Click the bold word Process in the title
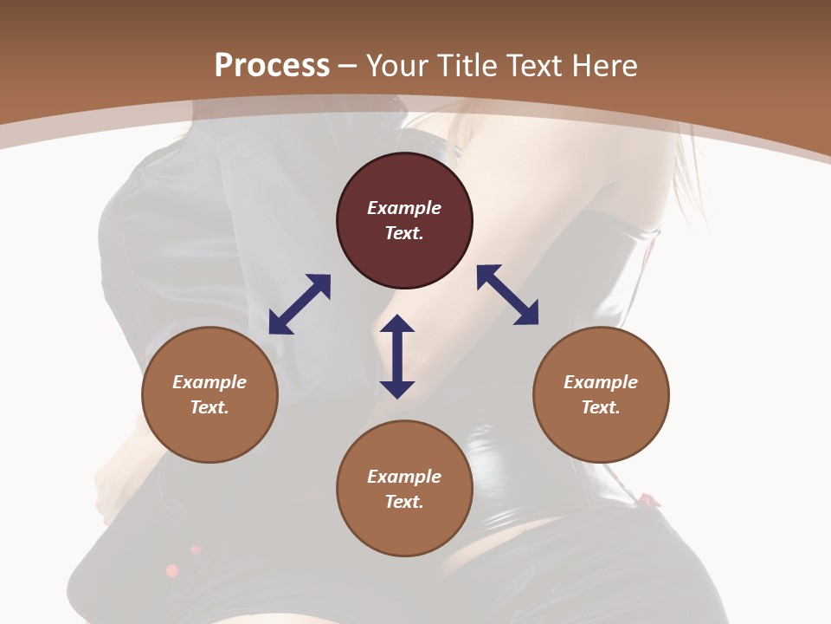click(x=272, y=66)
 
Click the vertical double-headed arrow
click(x=397, y=356)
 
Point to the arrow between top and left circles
click(x=300, y=304)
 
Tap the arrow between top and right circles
click(x=507, y=295)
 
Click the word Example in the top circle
click(x=404, y=208)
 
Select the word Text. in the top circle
click(x=404, y=233)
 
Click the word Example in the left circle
click(x=209, y=382)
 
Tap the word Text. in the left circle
click(x=209, y=407)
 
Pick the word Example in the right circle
click(x=601, y=382)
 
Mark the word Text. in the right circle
click(x=601, y=407)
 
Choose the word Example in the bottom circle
click(x=404, y=477)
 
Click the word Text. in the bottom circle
click(x=404, y=502)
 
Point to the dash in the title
click(x=348, y=67)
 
